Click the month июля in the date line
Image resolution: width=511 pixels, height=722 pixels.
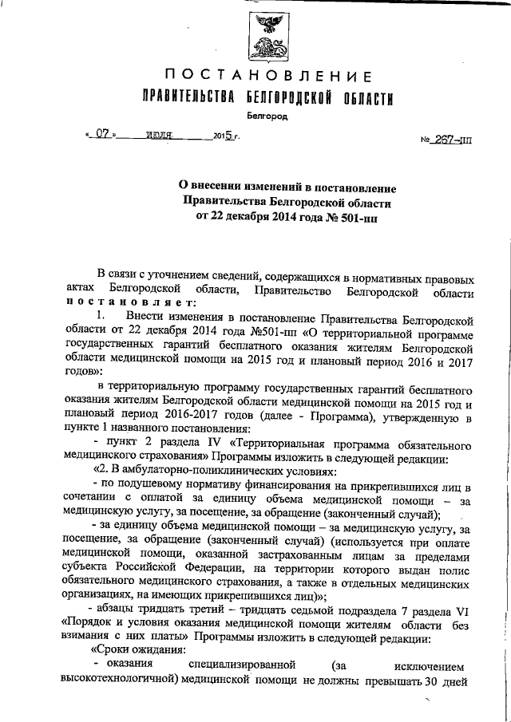[160, 136]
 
